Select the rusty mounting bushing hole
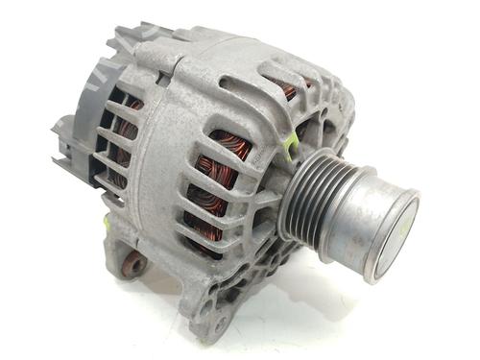point(135,263)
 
